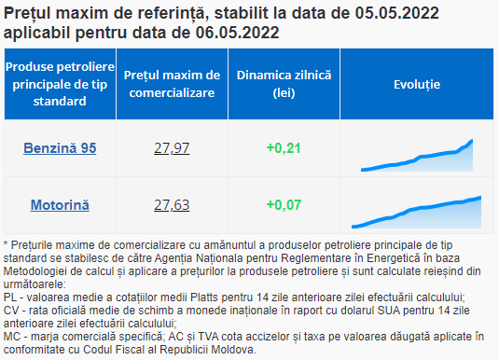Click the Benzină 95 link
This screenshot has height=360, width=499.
click(x=60, y=148)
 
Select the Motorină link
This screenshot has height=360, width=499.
click(x=60, y=204)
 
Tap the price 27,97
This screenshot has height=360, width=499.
click(x=172, y=148)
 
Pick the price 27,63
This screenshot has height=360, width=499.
click(x=172, y=204)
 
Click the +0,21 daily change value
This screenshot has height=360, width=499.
click(x=284, y=148)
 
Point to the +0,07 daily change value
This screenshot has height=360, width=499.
click(x=284, y=204)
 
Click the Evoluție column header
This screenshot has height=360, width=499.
click(x=417, y=84)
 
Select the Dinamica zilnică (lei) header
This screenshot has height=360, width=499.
click(x=284, y=84)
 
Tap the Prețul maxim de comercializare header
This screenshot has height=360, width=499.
click(x=172, y=84)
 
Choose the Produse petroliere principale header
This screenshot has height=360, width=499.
click(x=60, y=84)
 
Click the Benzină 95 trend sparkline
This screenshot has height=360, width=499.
click(x=417, y=156)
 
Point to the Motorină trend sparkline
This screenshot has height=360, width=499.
click(x=417, y=213)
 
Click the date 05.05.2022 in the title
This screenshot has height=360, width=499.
click(x=396, y=13)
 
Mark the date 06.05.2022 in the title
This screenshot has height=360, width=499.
click(x=237, y=33)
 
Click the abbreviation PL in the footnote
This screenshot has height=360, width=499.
click(x=10, y=298)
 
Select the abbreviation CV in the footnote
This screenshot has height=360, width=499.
click(x=10, y=311)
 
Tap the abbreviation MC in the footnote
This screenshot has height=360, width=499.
click(x=11, y=337)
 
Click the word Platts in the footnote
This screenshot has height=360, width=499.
click(x=204, y=298)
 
